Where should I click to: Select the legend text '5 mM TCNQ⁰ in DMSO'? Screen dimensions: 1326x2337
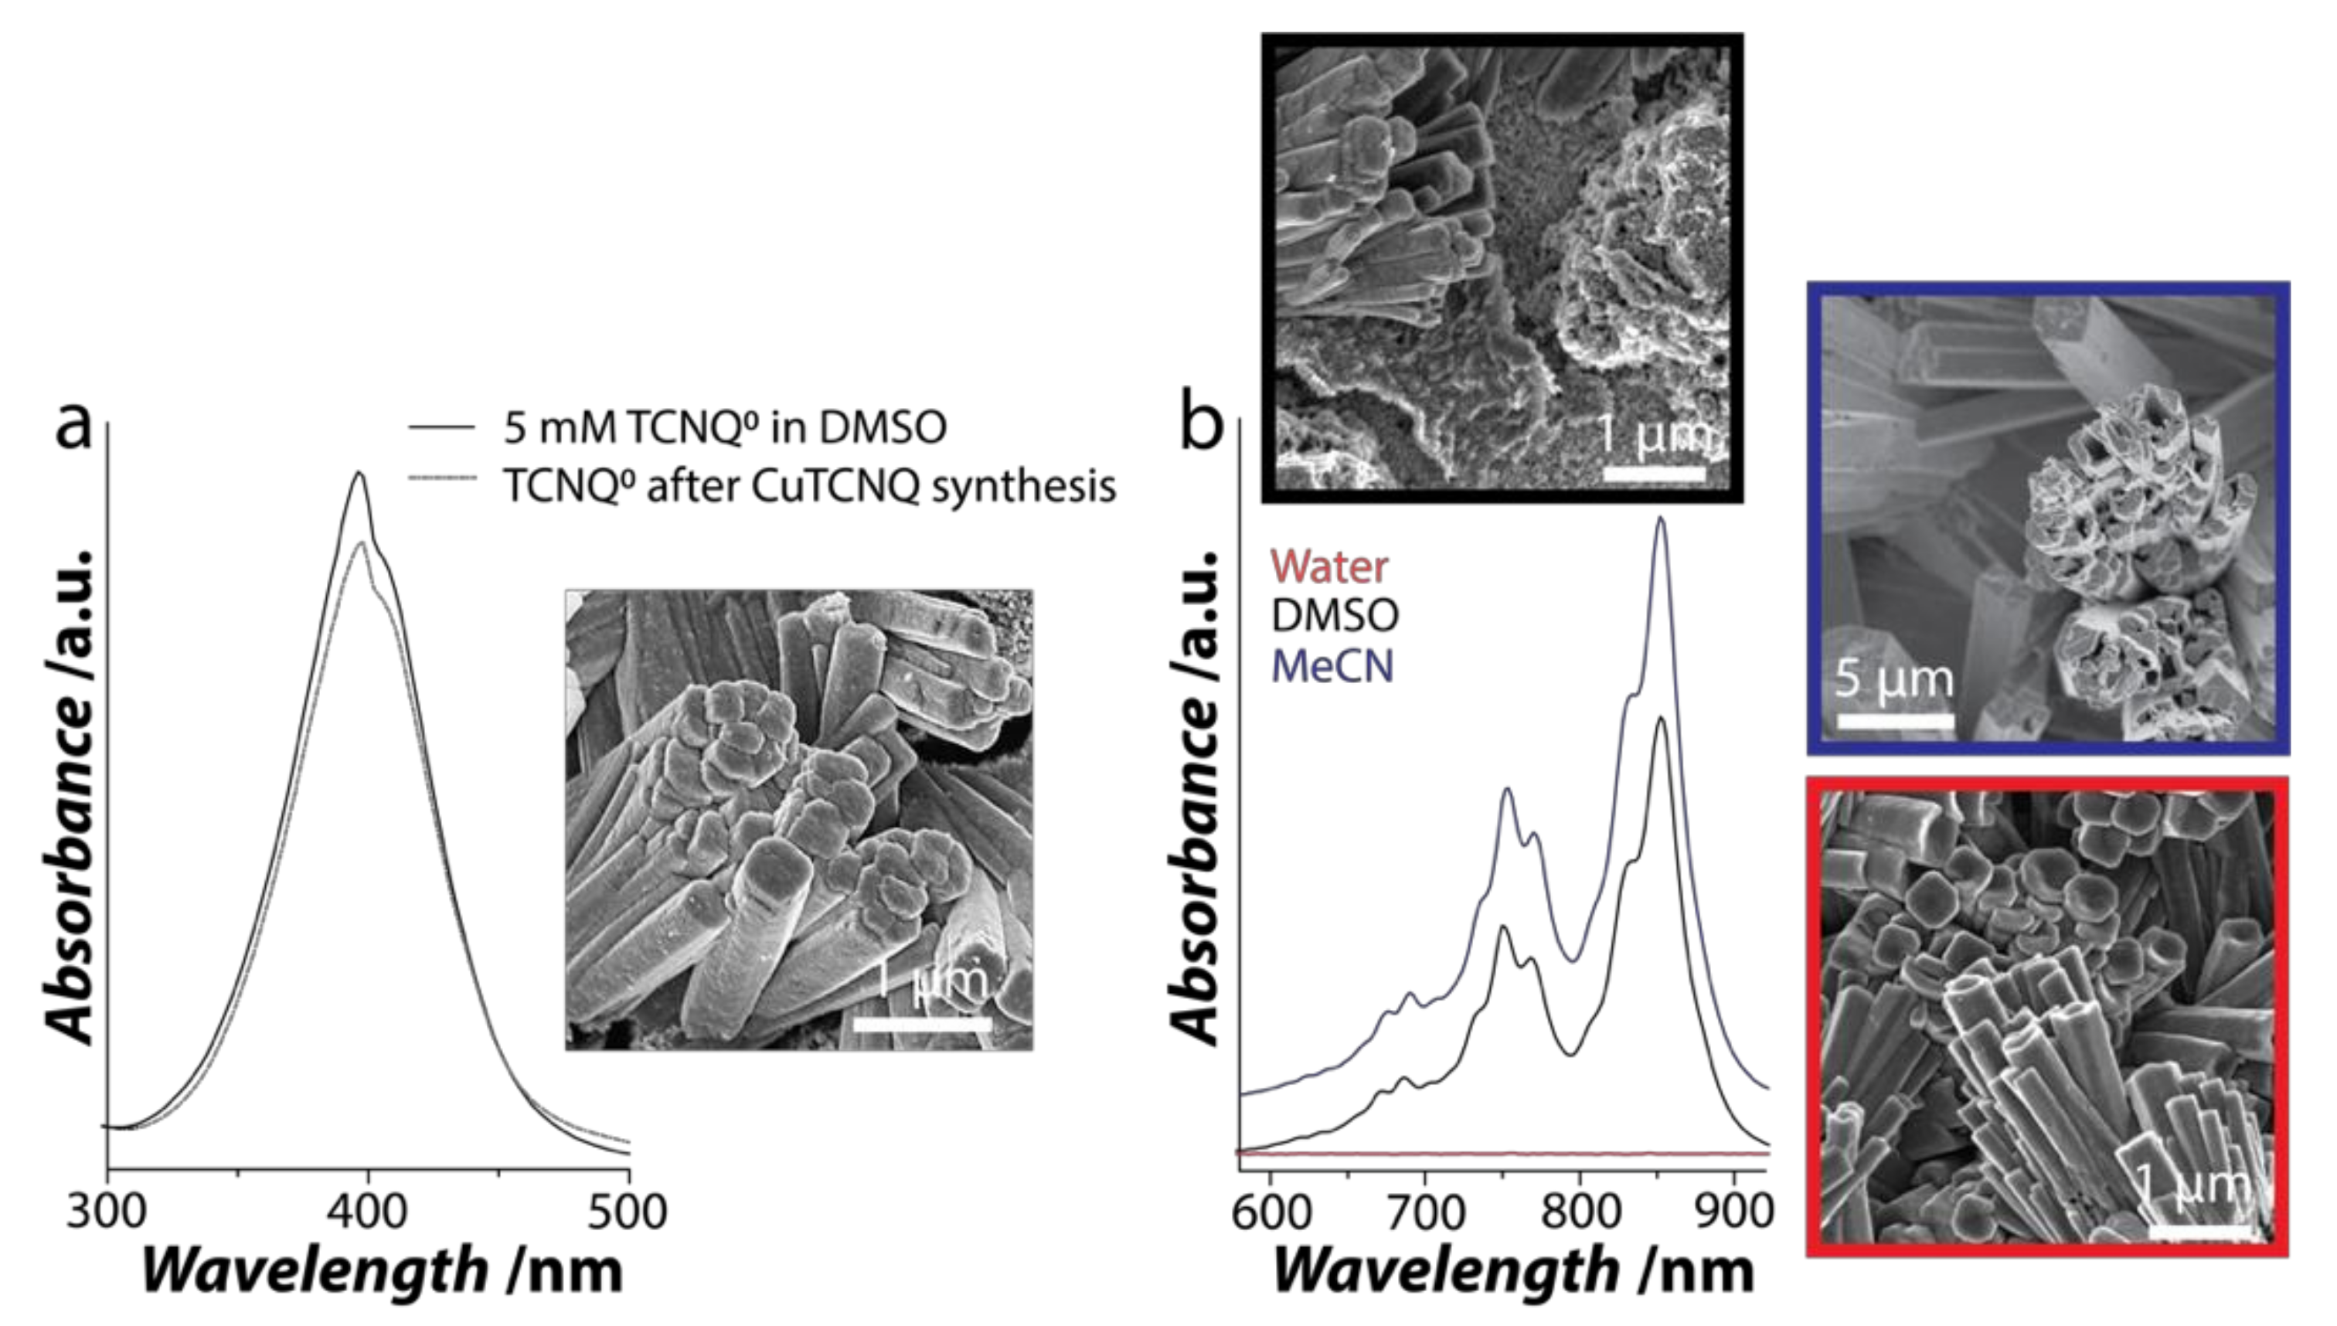click(725, 428)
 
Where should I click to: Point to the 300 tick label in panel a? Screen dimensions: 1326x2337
click(107, 1212)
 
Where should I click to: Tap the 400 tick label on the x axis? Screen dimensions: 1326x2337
click(368, 1212)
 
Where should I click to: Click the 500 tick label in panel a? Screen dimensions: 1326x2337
click(628, 1212)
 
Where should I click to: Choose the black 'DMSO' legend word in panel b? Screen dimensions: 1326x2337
click(1334, 617)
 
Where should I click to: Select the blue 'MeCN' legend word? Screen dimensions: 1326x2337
click(1332, 666)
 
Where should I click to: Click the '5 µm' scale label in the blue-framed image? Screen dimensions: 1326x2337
click(1894, 680)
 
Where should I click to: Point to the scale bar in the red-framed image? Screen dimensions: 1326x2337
click(2199, 1231)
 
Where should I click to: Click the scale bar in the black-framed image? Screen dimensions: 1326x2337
click(1654, 474)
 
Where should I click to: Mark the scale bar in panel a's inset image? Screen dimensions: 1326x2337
click(922, 1024)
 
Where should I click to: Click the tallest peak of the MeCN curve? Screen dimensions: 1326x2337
click(1660, 518)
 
